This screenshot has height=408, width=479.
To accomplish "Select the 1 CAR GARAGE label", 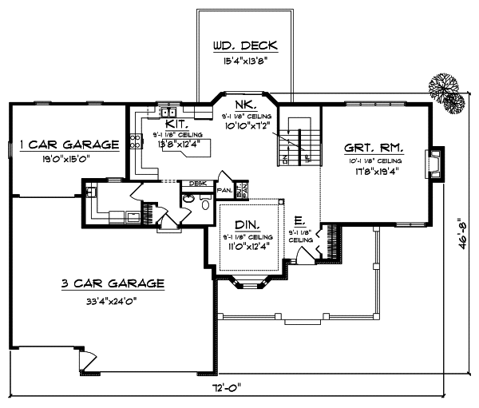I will [x=69, y=145].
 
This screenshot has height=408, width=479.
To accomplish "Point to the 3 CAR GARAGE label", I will [x=113, y=283].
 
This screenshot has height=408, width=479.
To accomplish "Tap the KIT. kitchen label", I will [x=177, y=125].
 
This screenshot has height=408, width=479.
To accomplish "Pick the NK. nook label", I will [x=245, y=105].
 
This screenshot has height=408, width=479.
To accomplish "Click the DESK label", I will [x=197, y=183].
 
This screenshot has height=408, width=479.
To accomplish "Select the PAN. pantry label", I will [x=224, y=191].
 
